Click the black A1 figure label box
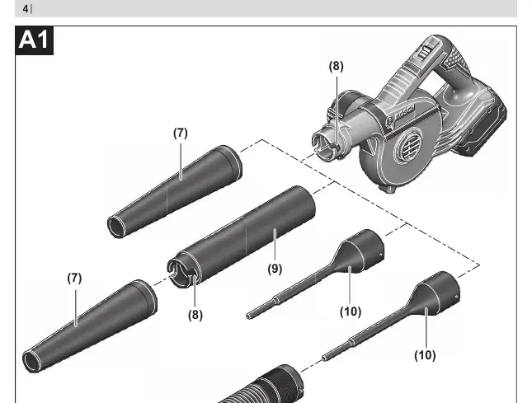pos(35,40)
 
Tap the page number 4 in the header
pos(26,9)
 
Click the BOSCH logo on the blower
pos(405,113)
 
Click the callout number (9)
pos(275,269)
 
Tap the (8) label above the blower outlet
pos(336,66)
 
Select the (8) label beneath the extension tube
pos(195,315)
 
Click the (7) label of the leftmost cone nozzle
pos(74,278)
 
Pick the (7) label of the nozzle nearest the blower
pos(180,133)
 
